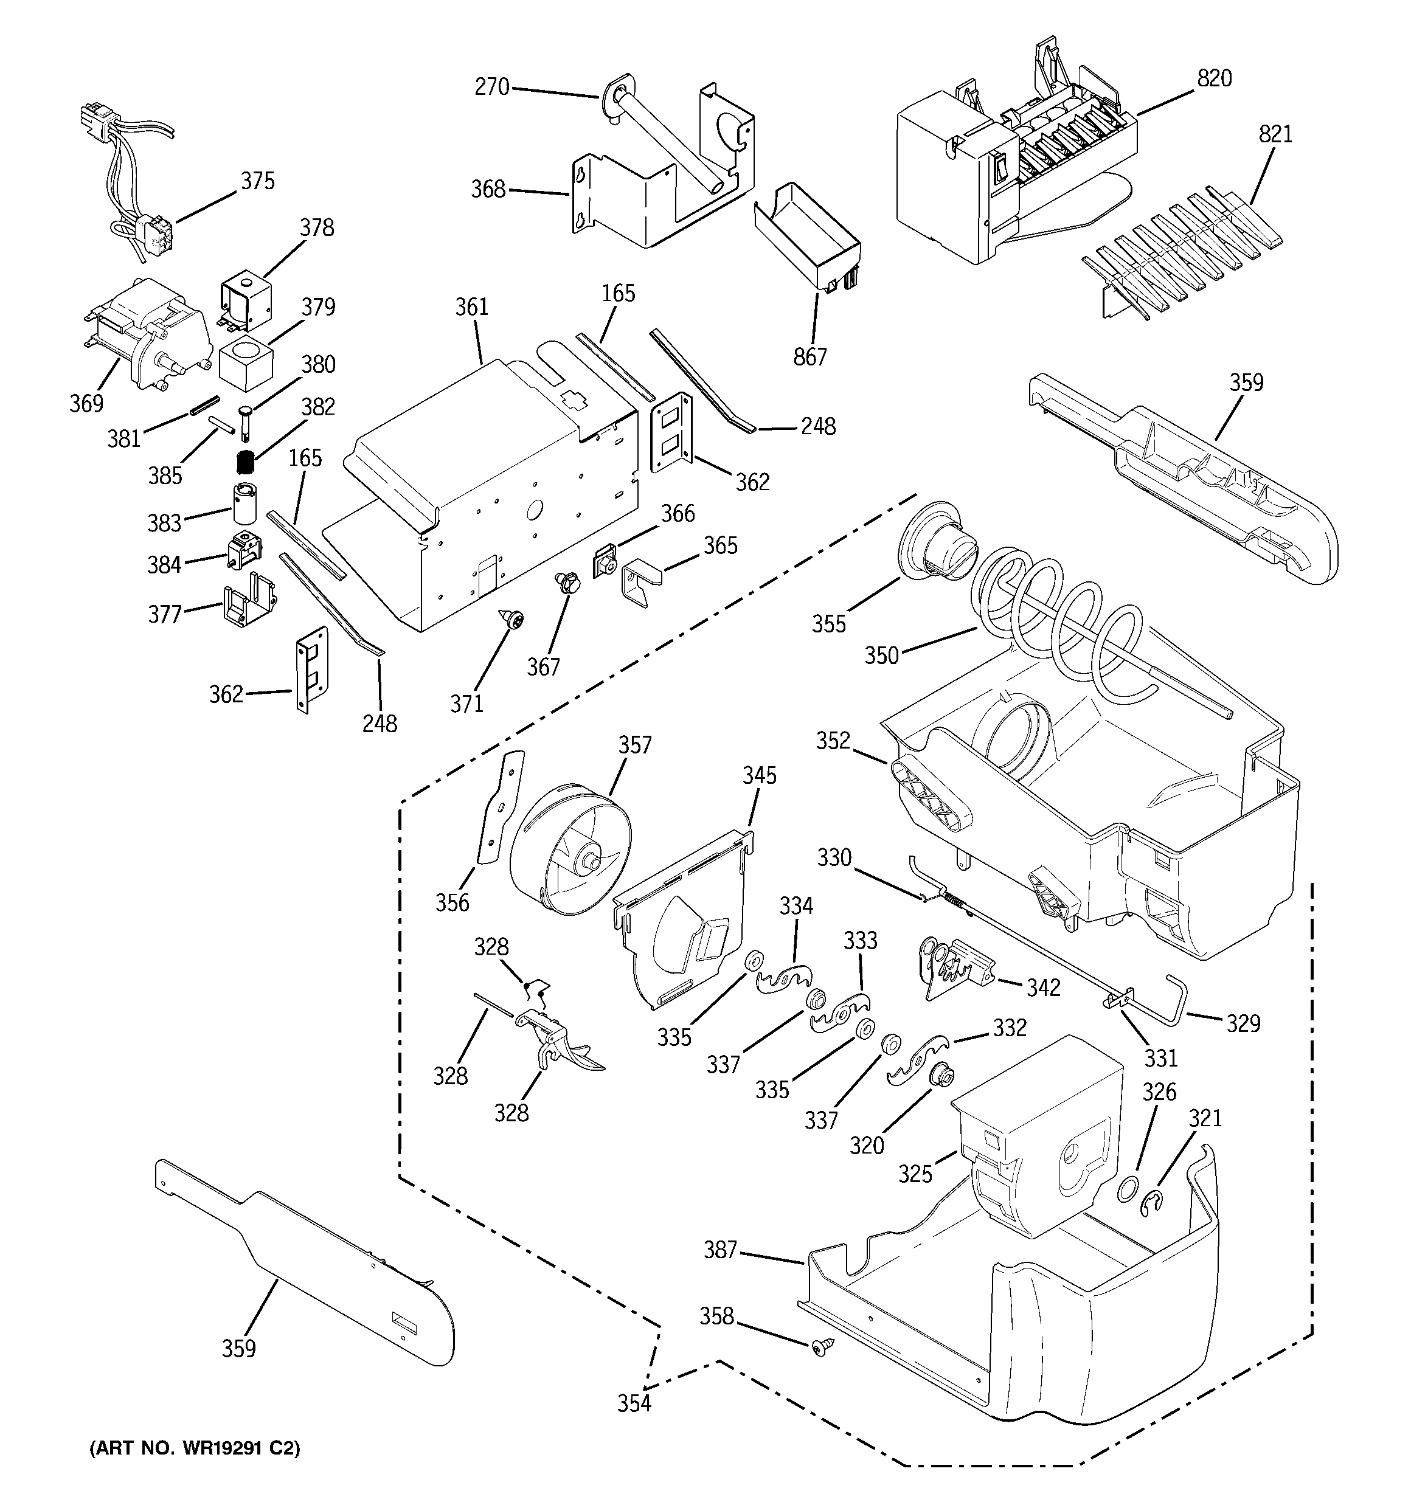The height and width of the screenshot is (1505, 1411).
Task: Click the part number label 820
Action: pyautogui.click(x=1214, y=78)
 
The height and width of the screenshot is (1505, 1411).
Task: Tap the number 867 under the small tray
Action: pyautogui.click(x=810, y=356)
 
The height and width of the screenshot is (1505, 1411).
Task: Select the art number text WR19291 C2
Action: pyautogui.click(x=195, y=1449)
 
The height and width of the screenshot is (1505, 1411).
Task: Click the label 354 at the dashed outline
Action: pyautogui.click(x=634, y=1403)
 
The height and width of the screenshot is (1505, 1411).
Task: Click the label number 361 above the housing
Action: pyautogui.click(x=471, y=306)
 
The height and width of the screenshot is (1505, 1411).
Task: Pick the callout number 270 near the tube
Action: pyautogui.click(x=491, y=87)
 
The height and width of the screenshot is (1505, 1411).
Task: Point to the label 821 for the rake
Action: pyautogui.click(x=1275, y=134)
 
